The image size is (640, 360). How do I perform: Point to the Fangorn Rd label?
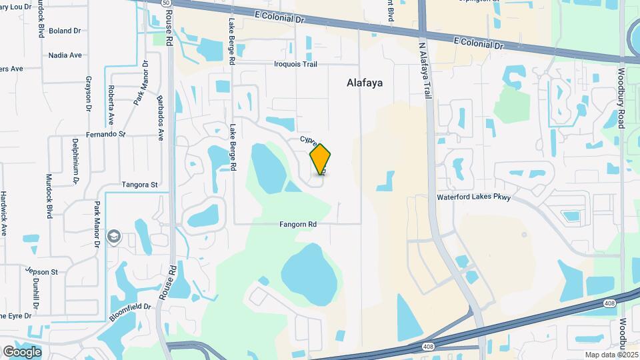(297, 225)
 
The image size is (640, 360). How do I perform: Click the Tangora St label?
(139, 185)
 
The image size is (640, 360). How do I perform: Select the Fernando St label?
(106, 134)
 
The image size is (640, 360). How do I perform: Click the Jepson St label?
(43, 272)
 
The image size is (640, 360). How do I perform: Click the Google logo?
(22, 352)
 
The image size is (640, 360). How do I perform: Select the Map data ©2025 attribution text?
(611, 355)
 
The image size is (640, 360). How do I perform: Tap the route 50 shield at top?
(165, 3)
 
